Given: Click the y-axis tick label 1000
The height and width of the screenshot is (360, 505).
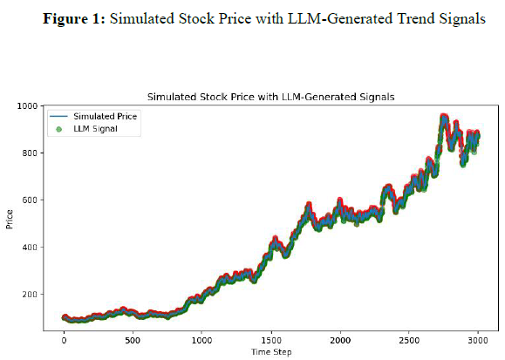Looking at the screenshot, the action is tap(27, 105).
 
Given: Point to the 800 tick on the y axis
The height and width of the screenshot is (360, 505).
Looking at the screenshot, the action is tap(30, 153).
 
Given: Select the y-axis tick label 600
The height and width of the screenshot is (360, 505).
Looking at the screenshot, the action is tap(30, 200).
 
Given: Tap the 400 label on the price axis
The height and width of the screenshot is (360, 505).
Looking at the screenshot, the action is tap(30, 247).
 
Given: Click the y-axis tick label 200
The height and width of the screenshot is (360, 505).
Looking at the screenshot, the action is tap(30, 294).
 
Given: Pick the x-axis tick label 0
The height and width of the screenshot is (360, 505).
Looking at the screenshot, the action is tap(64, 340).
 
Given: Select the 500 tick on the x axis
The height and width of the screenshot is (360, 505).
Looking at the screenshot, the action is tap(133, 340).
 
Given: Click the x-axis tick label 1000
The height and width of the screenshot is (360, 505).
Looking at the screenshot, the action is tap(202, 340).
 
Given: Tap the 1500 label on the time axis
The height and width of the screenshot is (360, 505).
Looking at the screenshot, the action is tap(271, 340).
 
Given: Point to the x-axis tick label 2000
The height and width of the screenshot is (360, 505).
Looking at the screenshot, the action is tap(340, 340).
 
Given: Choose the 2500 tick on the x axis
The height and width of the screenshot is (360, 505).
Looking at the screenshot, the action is tap(409, 340).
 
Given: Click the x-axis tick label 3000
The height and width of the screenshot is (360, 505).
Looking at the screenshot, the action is tap(478, 340).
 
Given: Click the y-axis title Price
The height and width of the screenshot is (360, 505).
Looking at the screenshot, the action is tap(10, 219).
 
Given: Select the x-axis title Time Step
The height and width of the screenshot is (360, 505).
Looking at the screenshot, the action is tap(271, 352).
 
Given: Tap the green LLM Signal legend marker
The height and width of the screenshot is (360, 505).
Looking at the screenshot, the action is tap(58, 129).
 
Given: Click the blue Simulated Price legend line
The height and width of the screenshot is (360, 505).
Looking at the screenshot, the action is tap(58, 116).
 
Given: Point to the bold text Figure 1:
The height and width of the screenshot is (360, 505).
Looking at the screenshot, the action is tap(74, 18).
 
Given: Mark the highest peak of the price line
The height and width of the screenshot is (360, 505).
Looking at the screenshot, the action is tap(444, 116).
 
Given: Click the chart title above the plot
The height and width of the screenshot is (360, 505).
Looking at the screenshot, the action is tap(271, 97).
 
